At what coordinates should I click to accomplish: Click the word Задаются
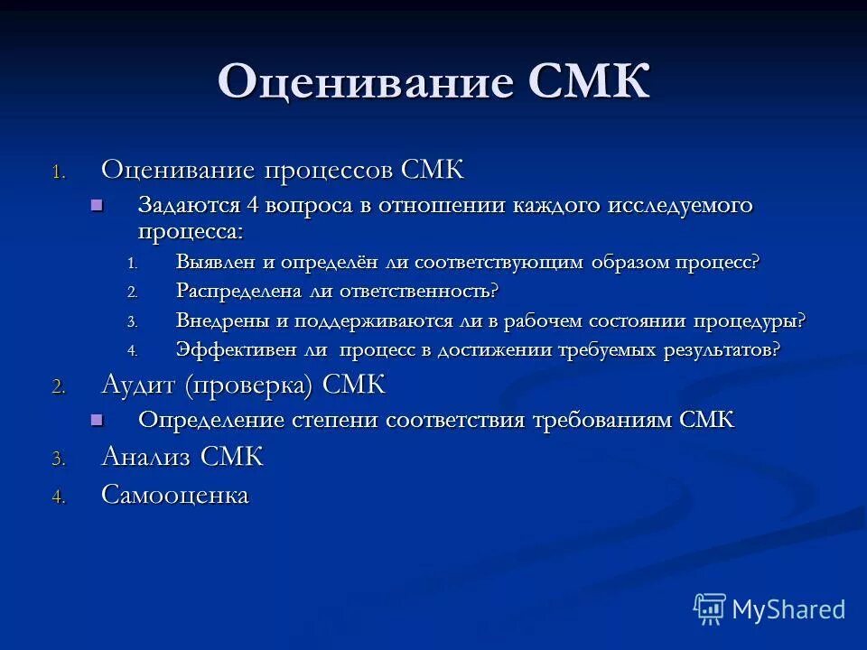(x=190, y=205)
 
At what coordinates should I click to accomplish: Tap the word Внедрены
(x=221, y=320)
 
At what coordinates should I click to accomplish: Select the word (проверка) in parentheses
(x=249, y=386)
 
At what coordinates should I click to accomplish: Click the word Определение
(x=212, y=420)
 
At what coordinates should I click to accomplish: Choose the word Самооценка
(x=175, y=495)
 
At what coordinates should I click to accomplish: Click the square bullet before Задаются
(x=98, y=205)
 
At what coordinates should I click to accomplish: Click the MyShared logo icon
(x=709, y=609)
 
